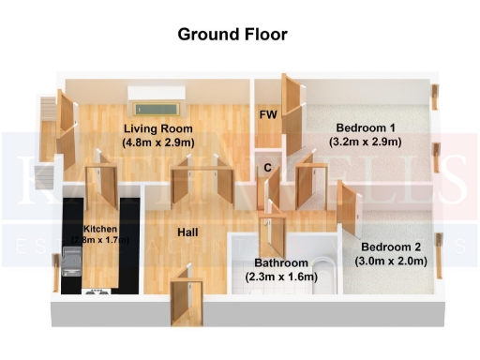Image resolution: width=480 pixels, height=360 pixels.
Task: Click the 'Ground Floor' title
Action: click(232, 36)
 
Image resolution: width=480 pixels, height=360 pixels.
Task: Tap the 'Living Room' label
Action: click(158, 128)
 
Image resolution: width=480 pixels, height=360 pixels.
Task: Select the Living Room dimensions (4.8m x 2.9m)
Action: click(158, 142)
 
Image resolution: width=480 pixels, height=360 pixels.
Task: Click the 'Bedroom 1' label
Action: click(365, 128)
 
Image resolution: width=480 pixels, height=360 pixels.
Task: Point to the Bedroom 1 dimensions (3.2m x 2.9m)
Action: click(365, 142)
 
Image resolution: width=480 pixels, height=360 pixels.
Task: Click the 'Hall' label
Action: click(187, 232)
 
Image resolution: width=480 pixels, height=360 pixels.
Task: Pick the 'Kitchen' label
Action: click(101, 229)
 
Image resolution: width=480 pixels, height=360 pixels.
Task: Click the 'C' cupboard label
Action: click(267, 169)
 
